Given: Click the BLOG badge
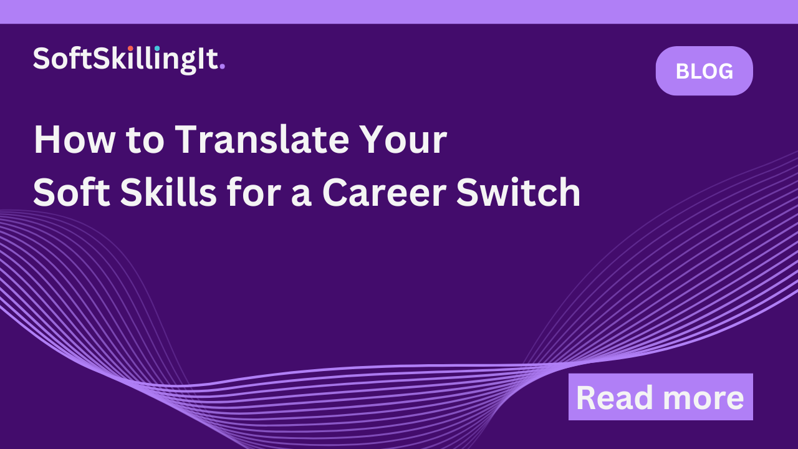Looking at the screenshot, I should pyautogui.click(x=704, y=71).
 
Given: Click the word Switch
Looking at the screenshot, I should pyautogui.click(x=519, y=193).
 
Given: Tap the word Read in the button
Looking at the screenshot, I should pyautogui.click(x=613, y=398).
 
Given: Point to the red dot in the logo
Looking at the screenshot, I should pyautogui.click(x=130, y=48).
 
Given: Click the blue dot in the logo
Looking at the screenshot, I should pyautogui.click(x=157, y=48).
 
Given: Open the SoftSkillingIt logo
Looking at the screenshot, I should pyautogui.click(x=128, y=59).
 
